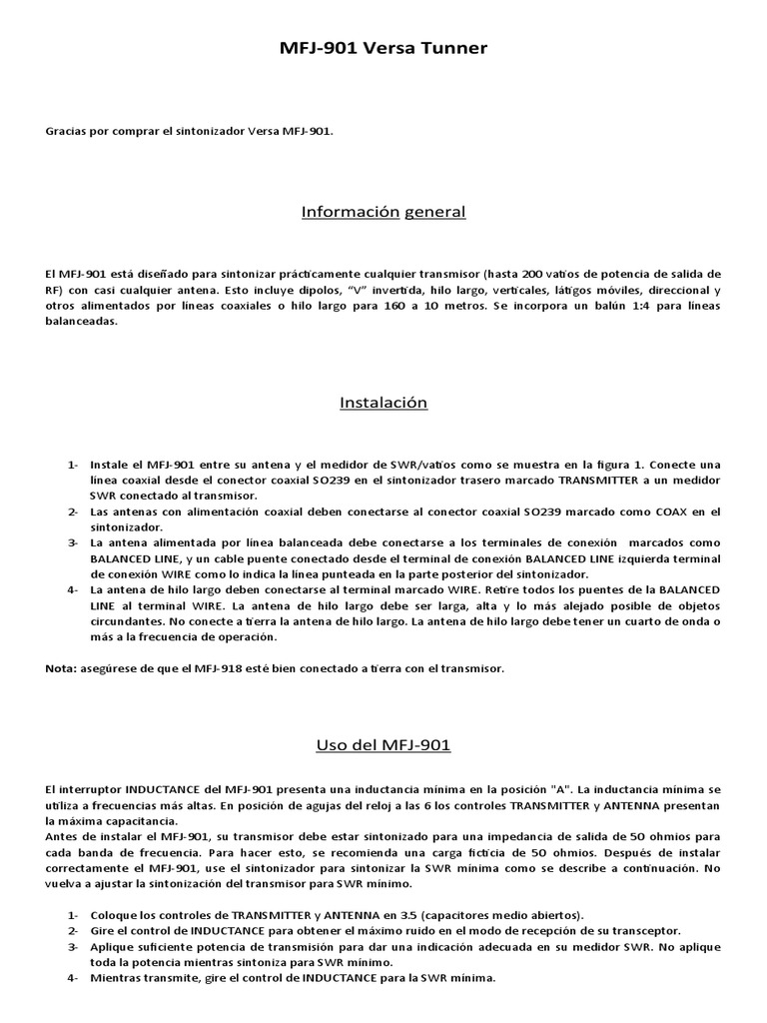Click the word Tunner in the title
(453, 47)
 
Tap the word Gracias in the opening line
(66, 130)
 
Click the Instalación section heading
(383, 403)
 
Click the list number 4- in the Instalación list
(73, 589)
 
